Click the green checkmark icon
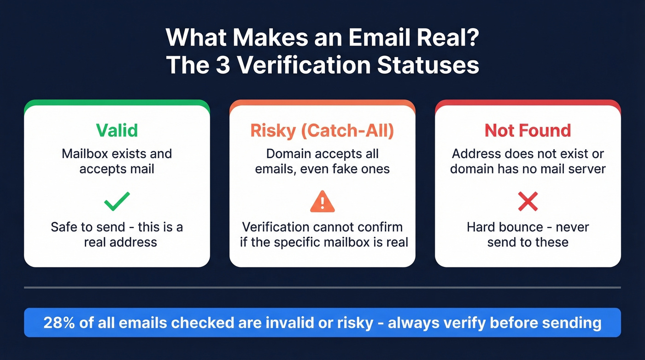click(117, 201)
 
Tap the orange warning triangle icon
click(322, 201)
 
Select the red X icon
click(528, 201)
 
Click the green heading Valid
click(117, 130)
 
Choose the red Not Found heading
click(528, 130)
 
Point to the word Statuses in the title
click(428, 65)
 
